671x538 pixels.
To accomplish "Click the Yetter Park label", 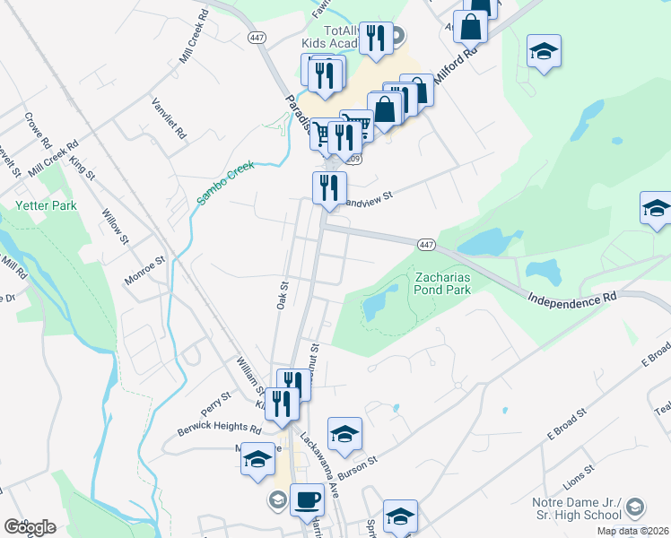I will tap(46, 205).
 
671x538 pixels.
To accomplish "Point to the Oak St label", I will tap(281, 295).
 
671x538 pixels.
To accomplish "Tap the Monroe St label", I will tap(146, 270).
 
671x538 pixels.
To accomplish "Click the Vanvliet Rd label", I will tap(169, 117).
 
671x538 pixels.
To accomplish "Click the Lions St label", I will tap(579, 470).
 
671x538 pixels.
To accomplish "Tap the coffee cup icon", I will tap(307, 499).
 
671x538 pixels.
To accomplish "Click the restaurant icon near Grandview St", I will tap(329, 187).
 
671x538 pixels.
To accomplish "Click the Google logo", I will tap(30, 527).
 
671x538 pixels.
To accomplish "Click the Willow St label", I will tap(116, 224).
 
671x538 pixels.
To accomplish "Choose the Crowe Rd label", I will tap(38, 128).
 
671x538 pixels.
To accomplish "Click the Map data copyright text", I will tap(632, 531).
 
